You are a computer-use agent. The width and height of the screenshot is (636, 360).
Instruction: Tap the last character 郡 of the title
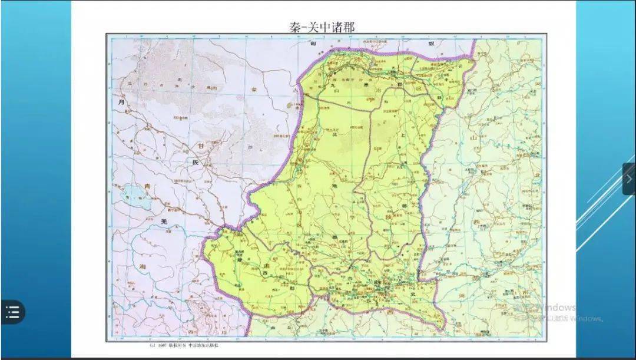(x=349, y=27)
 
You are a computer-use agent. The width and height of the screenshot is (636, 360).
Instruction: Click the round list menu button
(x=12, y=312)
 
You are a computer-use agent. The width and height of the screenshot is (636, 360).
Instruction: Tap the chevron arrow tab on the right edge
(x=629, y=179)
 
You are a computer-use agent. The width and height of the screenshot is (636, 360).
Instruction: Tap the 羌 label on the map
(x=165, y=221)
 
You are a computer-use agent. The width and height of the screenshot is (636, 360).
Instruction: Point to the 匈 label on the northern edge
(x=315, y=44)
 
